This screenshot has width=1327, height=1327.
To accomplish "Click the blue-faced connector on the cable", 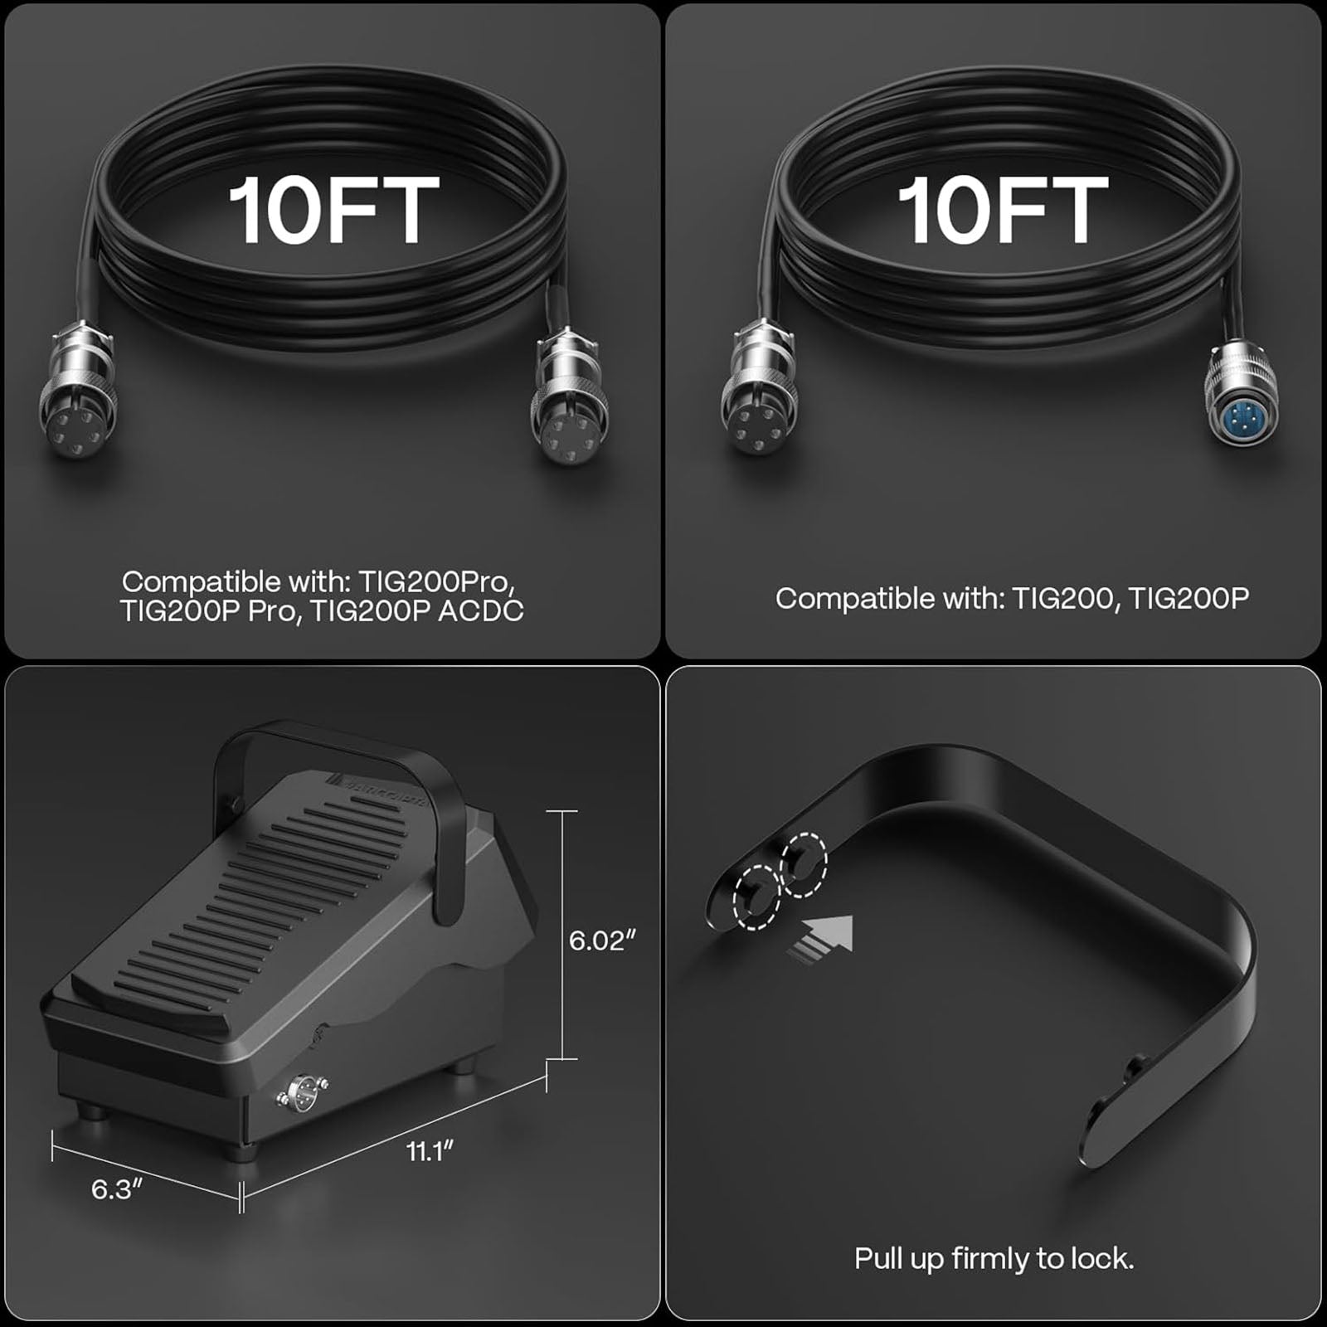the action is (1240, 402).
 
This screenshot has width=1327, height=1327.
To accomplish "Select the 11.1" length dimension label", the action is (430, 1151).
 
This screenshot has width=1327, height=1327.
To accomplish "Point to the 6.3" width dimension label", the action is (117, 1188).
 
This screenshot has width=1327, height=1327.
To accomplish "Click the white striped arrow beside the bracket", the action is (821, 939).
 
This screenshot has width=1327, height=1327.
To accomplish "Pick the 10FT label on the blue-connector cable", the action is (1003, 211).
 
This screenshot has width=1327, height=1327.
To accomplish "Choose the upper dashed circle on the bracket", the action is (803, 864).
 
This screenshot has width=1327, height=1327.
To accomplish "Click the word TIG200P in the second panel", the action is (1188, 598).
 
